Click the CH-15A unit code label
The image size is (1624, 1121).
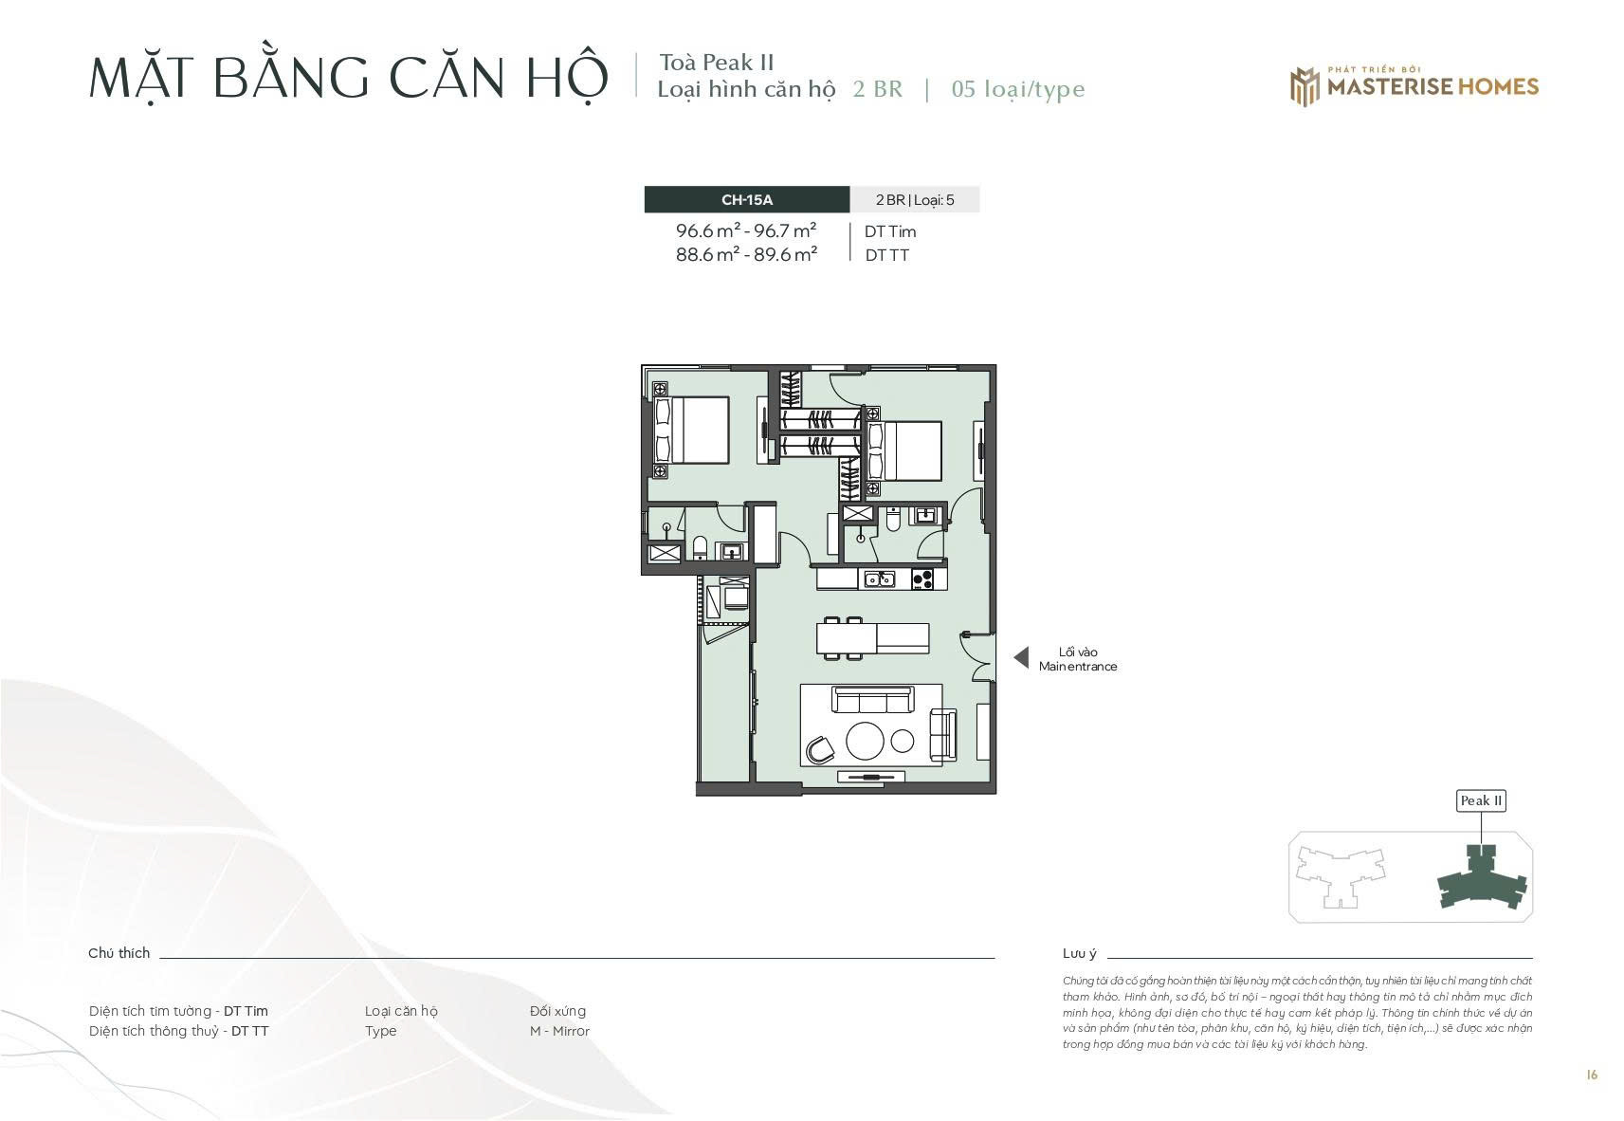(747, 200)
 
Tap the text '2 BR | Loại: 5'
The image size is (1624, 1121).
(915, 200)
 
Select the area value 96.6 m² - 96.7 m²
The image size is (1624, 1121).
(746, 230)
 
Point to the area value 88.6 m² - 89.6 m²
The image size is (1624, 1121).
(746, 254)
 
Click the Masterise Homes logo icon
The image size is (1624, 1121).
(1305, 87)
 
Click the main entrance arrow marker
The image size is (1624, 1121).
(1021, 657)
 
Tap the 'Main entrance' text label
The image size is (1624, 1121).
(1077, 667)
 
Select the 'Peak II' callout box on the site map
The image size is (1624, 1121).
(1481, 800)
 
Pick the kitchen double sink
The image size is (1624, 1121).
(880, 579)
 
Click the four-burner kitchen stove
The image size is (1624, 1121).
(922, 579)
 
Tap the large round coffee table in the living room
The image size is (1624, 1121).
(865, 741)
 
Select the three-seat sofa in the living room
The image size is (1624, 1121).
(872, 700)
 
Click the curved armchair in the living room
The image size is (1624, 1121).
(820, 750)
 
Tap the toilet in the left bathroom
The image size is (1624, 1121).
(700, 547)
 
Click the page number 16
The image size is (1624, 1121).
(1592, 1075)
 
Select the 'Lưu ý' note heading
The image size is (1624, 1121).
(1080, 953)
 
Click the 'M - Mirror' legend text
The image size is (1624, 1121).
(559, 1031)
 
